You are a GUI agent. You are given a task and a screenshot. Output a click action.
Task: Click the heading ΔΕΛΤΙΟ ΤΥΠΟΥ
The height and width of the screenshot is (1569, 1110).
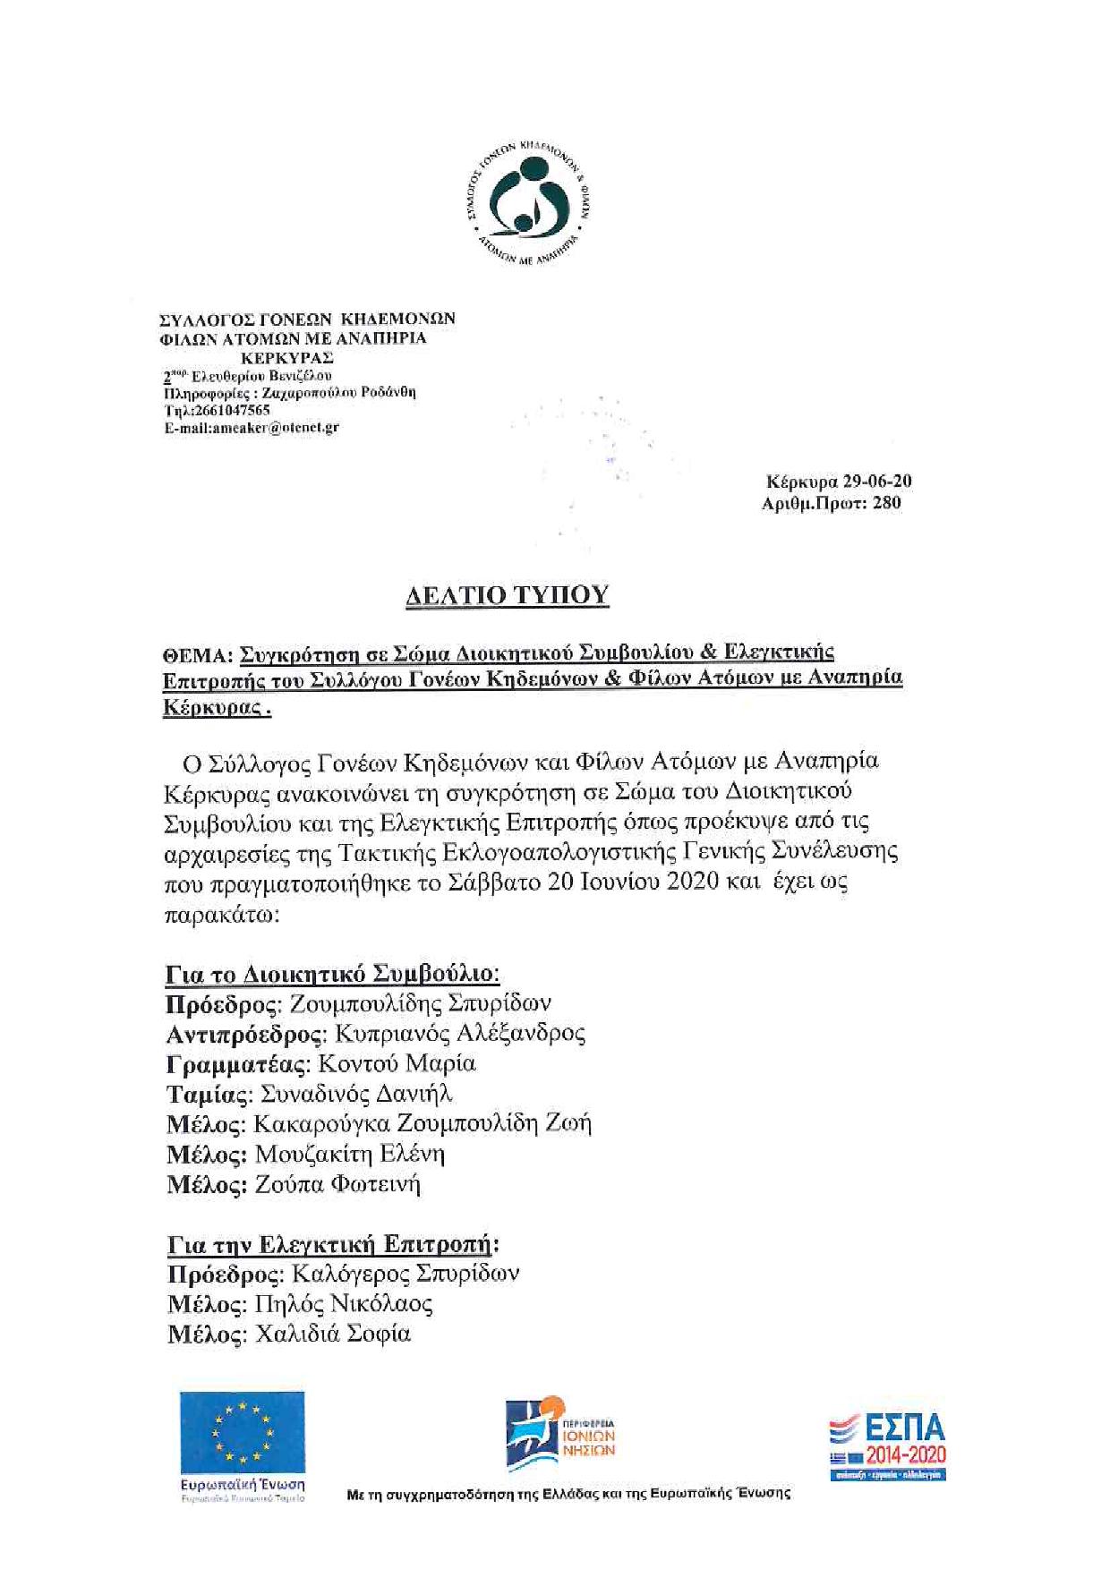(x=507, y=595)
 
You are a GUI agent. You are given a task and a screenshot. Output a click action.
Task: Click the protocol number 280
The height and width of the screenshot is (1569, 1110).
(x=886, y=503)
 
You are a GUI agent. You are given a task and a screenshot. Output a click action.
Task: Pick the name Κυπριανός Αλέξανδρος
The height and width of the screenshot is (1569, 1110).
(x=460, y=1034)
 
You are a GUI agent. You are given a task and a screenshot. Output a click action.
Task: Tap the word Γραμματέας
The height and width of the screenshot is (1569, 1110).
(x=238, y=1064)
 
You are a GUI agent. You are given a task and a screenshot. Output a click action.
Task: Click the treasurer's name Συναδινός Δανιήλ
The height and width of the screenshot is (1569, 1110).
(x=356, y=1095)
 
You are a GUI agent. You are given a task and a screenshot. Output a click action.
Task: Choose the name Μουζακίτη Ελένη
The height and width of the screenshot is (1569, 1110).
(x=350, y=1155)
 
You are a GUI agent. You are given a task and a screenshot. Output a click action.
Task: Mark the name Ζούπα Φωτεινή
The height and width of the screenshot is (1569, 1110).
(x=337, y=1185)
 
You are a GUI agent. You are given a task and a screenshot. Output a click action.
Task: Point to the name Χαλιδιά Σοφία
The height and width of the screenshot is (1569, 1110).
(x=333, y=1335)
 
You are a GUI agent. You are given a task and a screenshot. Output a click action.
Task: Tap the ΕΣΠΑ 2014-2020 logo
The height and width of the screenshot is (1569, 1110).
(x=887, y=1446)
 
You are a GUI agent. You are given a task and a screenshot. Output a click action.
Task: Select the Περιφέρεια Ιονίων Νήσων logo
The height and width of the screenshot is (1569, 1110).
(x=560, y=1435)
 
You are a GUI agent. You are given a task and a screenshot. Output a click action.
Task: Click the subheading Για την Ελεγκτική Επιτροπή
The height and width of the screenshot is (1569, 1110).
(x=332, y=1244)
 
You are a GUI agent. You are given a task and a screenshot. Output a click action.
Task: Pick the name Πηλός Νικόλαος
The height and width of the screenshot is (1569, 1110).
(x=344, y=1304)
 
